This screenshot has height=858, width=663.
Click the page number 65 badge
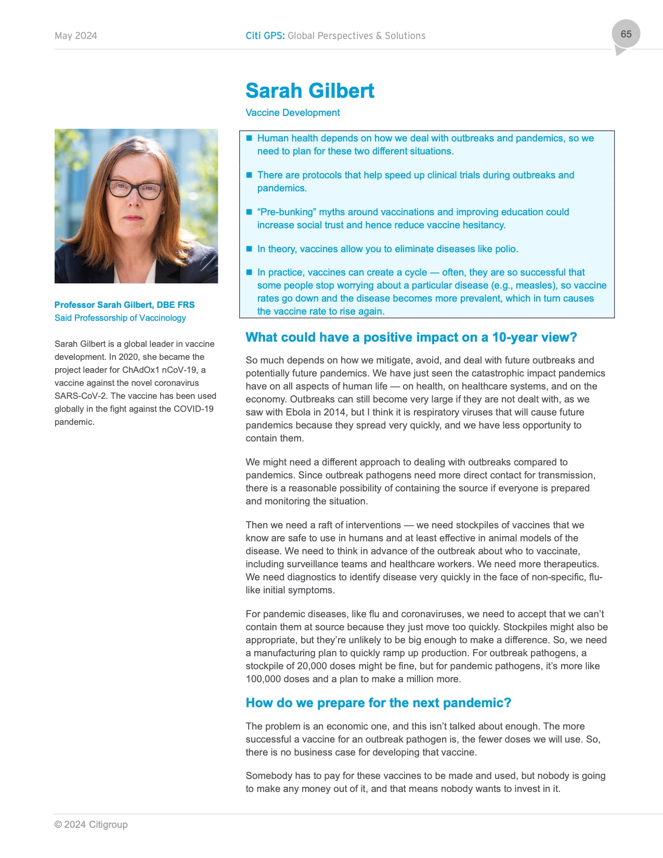point(626,34)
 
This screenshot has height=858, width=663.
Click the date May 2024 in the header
point(76,36)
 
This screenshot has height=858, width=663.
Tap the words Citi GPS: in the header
point(265,36)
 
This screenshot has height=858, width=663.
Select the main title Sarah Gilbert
point(309,91)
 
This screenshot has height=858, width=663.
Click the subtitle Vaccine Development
point(292,113)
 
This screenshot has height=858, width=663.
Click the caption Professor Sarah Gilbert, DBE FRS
point(124,305)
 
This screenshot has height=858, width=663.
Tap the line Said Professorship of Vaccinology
point(120,318)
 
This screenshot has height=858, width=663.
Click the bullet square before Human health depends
point(249,138)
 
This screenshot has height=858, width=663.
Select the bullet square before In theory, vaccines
point(249,249)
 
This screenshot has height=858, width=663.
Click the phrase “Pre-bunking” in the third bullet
point(285,212)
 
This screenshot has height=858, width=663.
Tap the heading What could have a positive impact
point(411,337)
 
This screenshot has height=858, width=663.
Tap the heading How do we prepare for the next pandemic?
point(378,703)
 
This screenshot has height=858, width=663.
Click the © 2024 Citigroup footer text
point(91,825)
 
